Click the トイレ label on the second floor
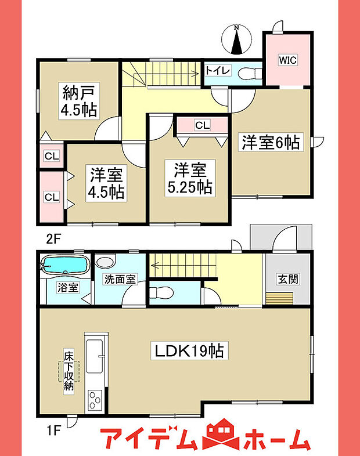(x=218, y=71)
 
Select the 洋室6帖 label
(x=271, y=142)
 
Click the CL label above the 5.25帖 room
(x=202, y=125)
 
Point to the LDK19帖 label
(x=189, y=350)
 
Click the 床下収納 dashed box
(x=68, y=370)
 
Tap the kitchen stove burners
(x=95, y=400)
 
